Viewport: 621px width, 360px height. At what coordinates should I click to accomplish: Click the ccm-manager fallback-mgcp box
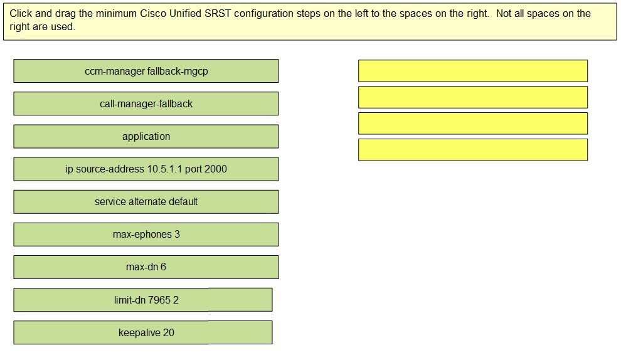click(146, 71)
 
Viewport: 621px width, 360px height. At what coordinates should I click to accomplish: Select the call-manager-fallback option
click(146, 103)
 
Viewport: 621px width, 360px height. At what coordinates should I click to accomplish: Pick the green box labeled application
click(146, 136)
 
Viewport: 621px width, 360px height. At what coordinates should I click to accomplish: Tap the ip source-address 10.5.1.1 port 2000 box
click(146, 169)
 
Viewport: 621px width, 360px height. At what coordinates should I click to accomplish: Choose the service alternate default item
click(146, 201)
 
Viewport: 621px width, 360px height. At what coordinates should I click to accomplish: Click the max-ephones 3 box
click(146, 235)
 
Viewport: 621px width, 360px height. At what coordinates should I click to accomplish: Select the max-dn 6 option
click(146, 267)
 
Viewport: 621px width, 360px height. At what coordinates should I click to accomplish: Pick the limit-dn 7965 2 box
click(143, 300)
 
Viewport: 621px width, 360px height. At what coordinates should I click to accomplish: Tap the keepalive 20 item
click(143, 332)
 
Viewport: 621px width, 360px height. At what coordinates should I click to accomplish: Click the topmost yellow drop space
click(473, 71)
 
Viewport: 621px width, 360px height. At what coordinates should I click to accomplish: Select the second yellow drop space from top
click(473, 97)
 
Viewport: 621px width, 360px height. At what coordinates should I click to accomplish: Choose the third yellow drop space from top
click(473, 123)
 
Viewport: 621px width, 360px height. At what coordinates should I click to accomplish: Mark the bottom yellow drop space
click(473, 150)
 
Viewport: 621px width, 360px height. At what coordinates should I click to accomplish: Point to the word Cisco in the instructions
click(153, 13)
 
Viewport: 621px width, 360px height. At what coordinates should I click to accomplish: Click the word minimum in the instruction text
click(116, 13)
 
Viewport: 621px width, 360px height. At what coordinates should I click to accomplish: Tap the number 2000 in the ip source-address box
click(216, 169)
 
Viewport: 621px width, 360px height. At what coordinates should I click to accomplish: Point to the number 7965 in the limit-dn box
click(159, 300)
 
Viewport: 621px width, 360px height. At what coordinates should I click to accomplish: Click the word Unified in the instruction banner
click(185, 13)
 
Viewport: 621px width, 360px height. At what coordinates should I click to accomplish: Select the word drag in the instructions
click(65, 14)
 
